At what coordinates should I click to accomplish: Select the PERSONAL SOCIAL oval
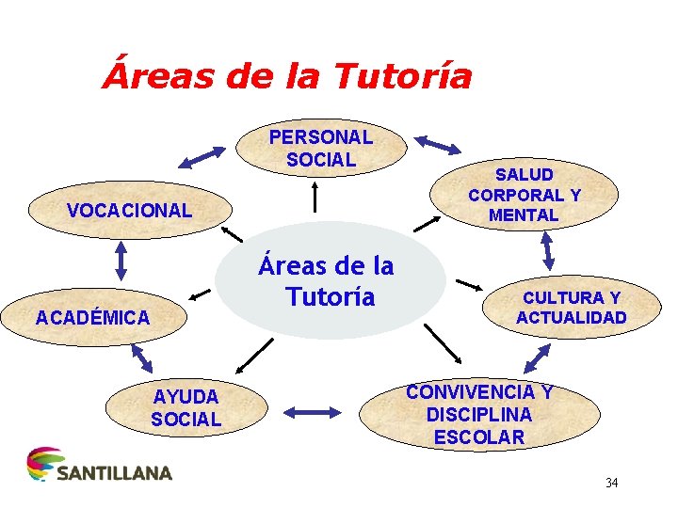pyautogui.click(x=320, y=149)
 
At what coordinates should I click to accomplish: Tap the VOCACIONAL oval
pyautogui.click(x=129, y=210)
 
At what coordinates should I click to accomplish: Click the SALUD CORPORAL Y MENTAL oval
pyautogui.click(x=525, y=195)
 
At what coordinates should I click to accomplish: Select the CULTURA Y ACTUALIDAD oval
pyautogui.click(x=571, y=308)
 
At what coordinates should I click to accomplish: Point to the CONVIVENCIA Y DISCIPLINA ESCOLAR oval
pyautogui.click(x=479, y=415)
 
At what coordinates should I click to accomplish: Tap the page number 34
pyautogui.click(x=612, y=484)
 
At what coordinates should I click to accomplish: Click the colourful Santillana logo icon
pyautogui.click(x=40, y=465)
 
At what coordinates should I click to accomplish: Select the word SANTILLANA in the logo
pyautogui.click(x=115, y=472)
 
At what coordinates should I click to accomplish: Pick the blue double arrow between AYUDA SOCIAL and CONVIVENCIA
pyautogui.click(x=311, y=411)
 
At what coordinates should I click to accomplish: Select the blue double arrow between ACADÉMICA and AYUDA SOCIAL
pyautogui.click(x=141, y=358)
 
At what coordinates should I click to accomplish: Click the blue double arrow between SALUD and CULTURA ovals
pyautogui.click(x=547, y=250)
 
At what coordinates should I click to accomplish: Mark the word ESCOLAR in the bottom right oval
pyautogui.click(x=479, y=437)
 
